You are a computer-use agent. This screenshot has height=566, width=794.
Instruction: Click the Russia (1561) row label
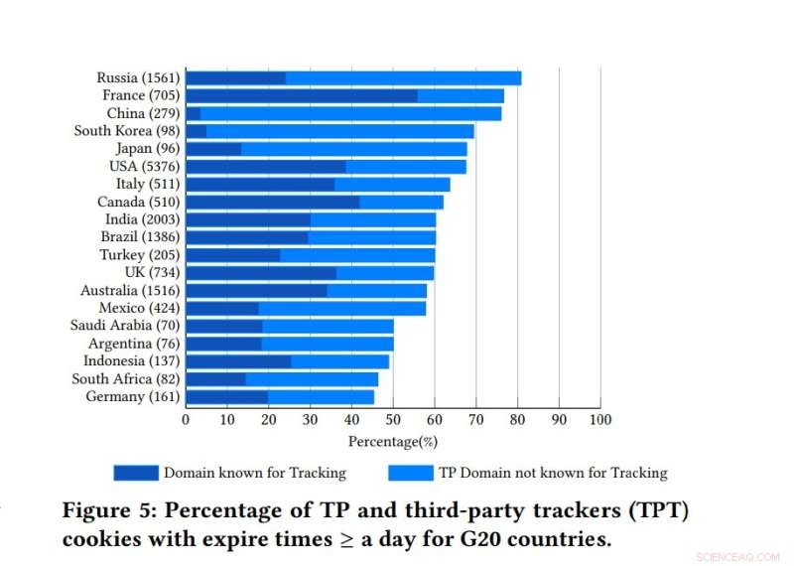138,77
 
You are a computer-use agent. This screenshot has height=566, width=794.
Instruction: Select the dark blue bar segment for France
301,95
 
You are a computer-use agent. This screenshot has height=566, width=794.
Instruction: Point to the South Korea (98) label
126,131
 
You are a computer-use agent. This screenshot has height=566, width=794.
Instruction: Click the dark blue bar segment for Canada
272,202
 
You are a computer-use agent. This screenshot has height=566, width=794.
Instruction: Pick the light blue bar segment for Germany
321,397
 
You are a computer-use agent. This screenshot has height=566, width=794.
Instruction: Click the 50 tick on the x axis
393,419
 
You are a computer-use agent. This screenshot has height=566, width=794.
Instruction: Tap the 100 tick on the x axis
600,419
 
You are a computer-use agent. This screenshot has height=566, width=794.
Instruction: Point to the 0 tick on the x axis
186,419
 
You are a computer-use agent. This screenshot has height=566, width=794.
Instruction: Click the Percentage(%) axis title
392,441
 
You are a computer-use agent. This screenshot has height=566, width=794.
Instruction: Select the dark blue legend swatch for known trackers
135,473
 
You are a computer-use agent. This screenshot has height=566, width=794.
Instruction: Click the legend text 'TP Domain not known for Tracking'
555,473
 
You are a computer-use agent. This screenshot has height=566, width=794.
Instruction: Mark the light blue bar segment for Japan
353,149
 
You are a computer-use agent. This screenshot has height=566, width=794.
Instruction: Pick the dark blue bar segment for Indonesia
238,361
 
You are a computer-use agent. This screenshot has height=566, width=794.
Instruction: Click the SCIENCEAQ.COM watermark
738,558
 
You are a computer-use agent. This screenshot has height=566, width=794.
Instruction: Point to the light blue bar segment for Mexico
341,308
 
